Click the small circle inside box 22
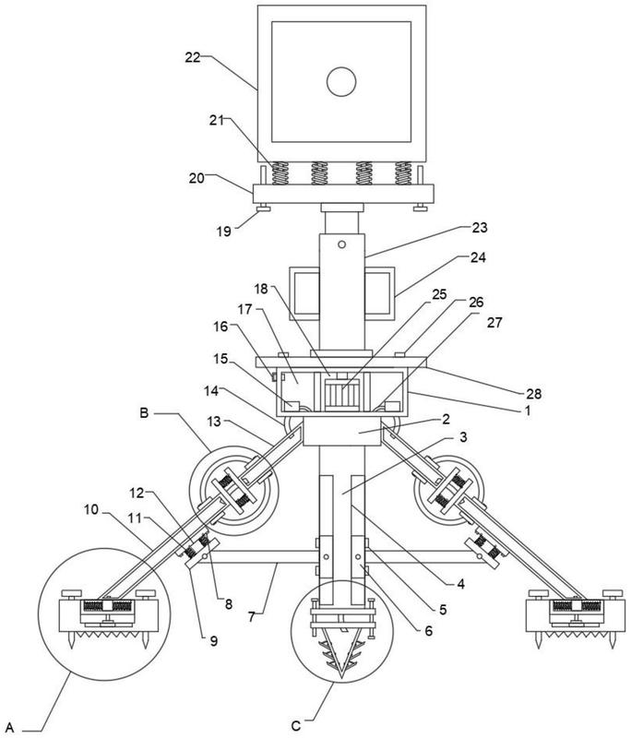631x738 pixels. pos(341,82)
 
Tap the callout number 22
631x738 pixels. pos(193,57)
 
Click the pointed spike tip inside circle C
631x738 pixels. pos(342,681)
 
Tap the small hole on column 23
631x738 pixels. pos(341,244)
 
